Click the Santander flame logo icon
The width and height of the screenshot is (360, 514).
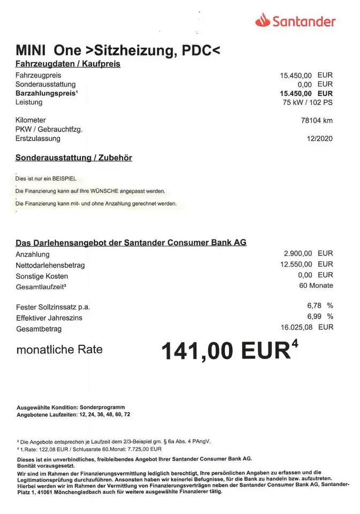click(262, 21)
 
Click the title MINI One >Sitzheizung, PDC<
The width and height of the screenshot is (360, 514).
click(118, 51)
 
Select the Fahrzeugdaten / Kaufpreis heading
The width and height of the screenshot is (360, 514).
click(68, 64)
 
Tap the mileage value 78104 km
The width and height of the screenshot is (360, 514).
click(317, 120)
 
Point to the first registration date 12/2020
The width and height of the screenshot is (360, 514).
click(320, 139)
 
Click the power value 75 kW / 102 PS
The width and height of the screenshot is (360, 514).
click(307, 102)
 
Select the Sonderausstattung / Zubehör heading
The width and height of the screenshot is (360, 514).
click(74, 158)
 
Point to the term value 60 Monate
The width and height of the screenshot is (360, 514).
click(316, 285)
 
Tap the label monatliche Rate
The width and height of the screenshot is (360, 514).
click(59, 351)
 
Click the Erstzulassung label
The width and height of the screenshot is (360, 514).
click(38, 139)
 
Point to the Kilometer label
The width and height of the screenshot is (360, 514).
click(31, 120)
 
